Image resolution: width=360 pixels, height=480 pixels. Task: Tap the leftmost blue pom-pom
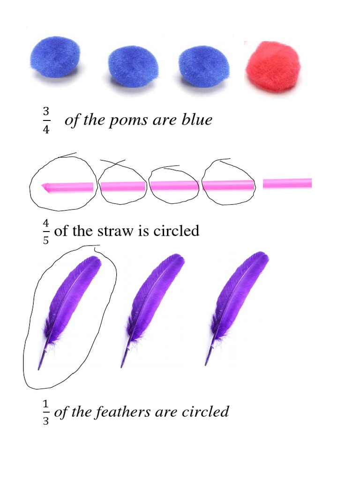coord(56,56)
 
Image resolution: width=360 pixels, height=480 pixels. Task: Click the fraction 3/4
coord(46,120)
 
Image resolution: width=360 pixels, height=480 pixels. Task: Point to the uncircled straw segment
coord(287,183)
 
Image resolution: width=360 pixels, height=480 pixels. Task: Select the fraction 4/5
coord(46,230)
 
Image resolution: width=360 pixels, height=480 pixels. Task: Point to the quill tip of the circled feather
coord(40,366)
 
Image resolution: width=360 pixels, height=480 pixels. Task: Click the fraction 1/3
coord(46,412)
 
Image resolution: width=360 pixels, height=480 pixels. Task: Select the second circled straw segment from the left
coord(123,186)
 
